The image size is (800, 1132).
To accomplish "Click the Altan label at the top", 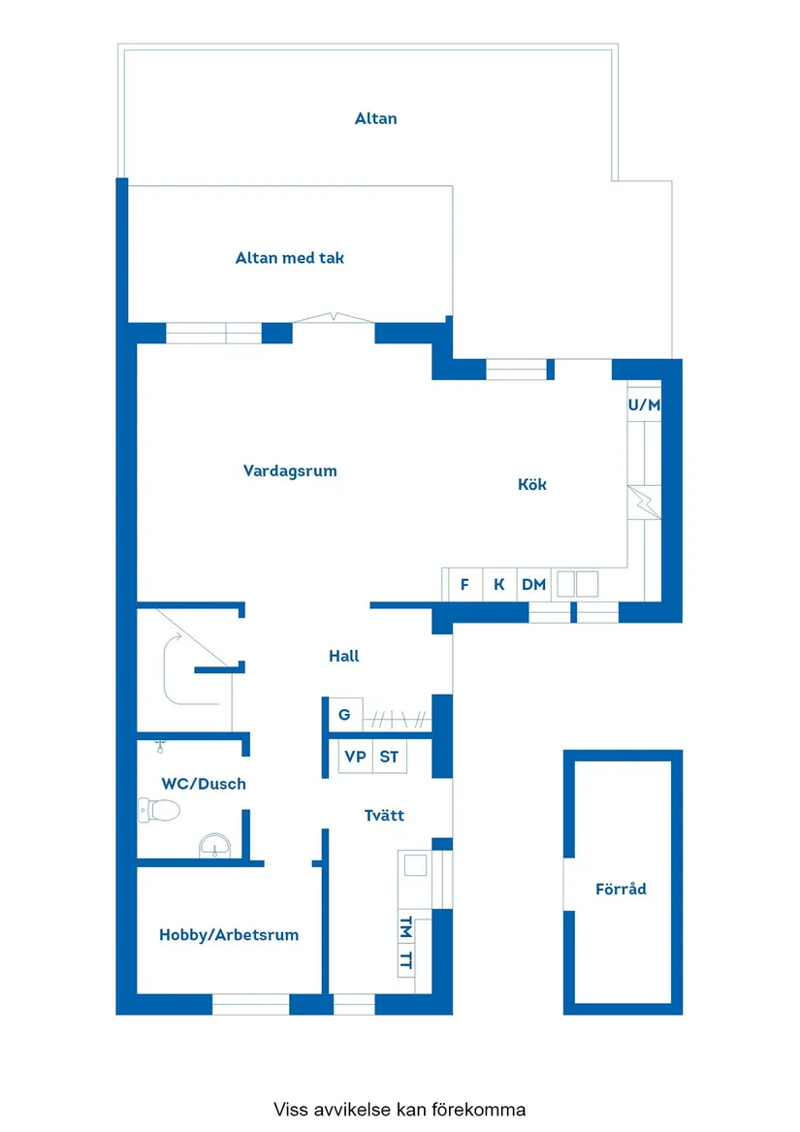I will (375, 119).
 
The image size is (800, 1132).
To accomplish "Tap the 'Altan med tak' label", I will (289, 258).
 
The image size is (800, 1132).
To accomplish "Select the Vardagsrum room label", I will (290, 471).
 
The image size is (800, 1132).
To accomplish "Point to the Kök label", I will (531, 484).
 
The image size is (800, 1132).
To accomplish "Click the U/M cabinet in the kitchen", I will (644, 405).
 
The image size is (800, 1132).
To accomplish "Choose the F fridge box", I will (464, 585).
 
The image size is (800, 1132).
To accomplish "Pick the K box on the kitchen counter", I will (498, 585).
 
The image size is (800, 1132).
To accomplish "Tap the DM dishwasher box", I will (533, 585).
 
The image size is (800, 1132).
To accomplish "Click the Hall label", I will (343, 657).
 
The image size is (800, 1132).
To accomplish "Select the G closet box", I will (343, 716).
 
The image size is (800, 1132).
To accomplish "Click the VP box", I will (355, 757).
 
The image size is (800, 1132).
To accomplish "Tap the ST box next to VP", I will (389, 757).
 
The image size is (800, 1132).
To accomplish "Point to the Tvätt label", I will (384, 816).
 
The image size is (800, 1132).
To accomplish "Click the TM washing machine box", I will (406, 927).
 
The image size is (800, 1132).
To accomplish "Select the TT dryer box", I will (406, 961).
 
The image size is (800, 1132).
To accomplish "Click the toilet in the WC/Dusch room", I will (160, 809).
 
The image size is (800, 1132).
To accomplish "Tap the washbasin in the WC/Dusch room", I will (213, 847).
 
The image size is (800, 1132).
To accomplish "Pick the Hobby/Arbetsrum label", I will (229, 935).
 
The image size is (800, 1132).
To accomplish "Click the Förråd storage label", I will (621, 889).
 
